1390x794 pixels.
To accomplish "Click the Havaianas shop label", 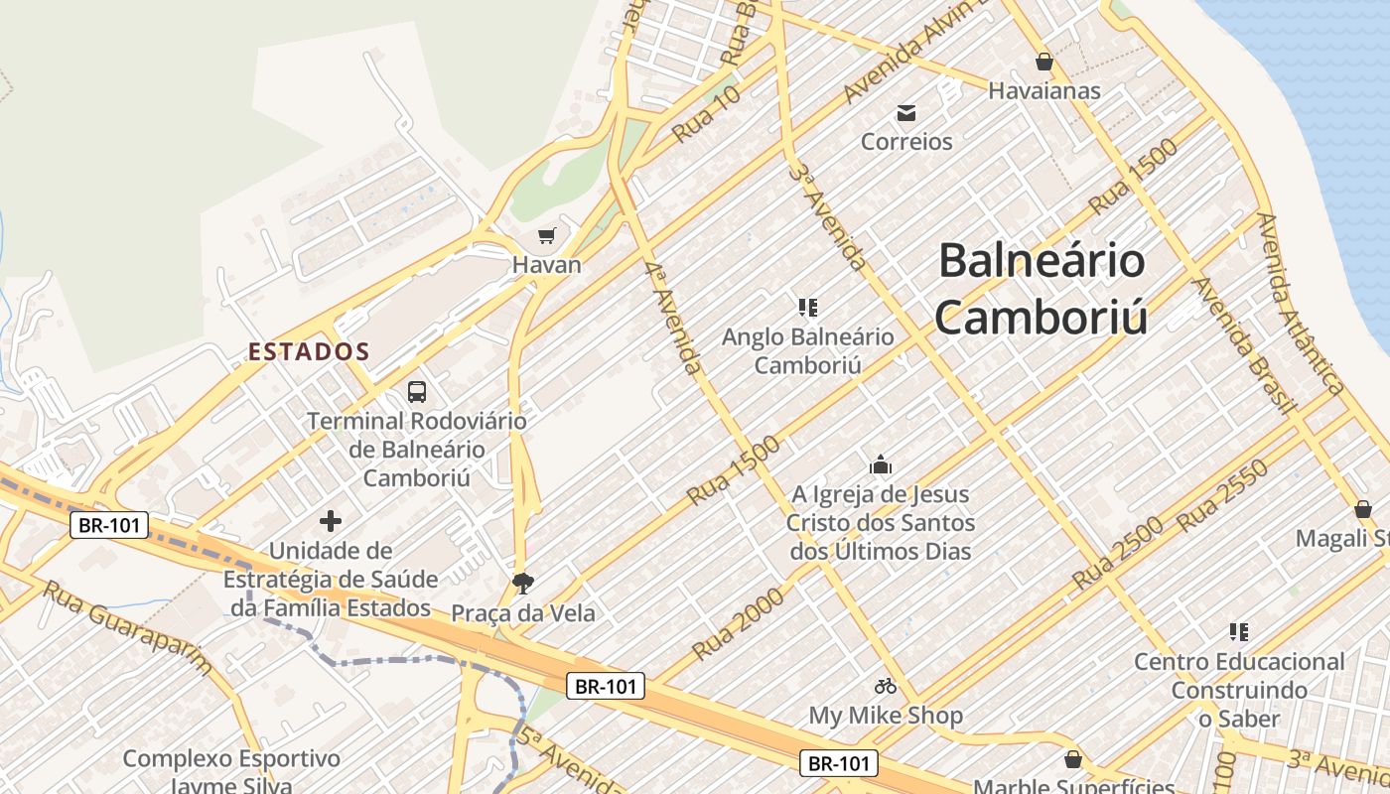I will tap(1043, 90).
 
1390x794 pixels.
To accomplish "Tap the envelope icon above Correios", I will tap(906, 112).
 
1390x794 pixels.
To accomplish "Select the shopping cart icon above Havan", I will tap(546, 235).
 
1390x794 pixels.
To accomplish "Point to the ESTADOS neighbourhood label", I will tap(309, 351).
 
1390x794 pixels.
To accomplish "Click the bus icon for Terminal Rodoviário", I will tap(417, 392).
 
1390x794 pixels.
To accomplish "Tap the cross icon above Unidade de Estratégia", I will tap(331, 521).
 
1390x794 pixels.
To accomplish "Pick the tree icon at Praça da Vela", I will tap(523, 584).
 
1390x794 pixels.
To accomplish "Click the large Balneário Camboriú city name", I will tap(1042, 289).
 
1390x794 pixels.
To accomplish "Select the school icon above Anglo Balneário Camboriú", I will tap(807, 308).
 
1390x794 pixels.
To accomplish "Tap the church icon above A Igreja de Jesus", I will tap(880, 464).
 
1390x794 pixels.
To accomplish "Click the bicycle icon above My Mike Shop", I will tap(886, 686).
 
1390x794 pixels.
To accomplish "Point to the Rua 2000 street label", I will tap(738, 622).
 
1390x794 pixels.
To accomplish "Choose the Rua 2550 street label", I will tap(1222, 495).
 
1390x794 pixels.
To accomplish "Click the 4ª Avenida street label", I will tap(674, 319).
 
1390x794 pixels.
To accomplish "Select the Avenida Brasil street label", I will tap(1246, 344).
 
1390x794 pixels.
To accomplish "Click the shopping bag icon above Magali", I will tap(1363, 509).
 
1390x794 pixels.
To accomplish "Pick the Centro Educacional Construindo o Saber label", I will tap(1239, 690).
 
